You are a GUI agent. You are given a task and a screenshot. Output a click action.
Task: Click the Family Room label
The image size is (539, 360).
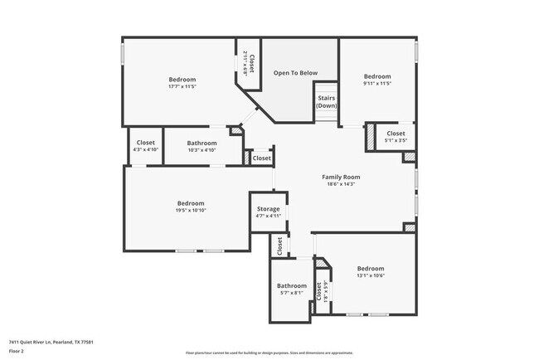pyautogui.click(x=341, y=177)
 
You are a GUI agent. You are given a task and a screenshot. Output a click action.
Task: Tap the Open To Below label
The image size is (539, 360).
pyautogui.click(x=295, y=73)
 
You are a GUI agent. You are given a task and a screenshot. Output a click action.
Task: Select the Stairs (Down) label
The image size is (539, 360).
pyautogui.click(x=327, y=101)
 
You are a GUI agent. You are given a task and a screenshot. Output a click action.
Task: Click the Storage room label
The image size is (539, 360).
pyautogui.click(x=268, y=209)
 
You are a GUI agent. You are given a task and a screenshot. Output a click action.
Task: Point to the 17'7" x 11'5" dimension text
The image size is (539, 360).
pyautogui.click(x=182, y=86)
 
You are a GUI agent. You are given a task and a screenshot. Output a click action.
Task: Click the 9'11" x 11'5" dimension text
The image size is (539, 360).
pyautogui.click(x=376, y=83)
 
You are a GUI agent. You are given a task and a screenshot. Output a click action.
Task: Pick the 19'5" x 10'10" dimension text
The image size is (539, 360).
pyautogui.click(x=190, y=211)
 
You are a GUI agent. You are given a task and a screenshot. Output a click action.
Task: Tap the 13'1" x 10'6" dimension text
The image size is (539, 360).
pyautogui.click(x=371, y=275)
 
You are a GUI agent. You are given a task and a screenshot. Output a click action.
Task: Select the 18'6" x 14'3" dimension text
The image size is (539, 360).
pyautogui.click(x=341, y=184)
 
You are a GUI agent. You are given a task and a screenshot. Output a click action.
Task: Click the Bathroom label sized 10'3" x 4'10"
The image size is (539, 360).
pyautogui.click(x=202, y=143)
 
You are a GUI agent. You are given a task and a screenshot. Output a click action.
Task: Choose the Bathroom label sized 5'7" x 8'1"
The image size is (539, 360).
pyautogui.click(x=291, y=286)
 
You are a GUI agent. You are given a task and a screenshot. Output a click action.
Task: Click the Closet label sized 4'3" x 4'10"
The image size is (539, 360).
pyautogui.click(x=145, y=143)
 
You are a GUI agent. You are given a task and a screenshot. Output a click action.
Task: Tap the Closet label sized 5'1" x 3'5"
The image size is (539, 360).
pyautogui.click(x=396, y=133)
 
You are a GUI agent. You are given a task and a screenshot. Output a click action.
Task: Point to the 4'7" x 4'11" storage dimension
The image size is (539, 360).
pyautogui.click(x=268, y=216)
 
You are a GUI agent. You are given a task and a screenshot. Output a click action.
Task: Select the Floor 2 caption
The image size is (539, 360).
pyautogui.click(x=17, y=352)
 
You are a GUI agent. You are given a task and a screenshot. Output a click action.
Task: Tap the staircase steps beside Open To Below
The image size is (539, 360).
pyautogui.click(x=327, y=87)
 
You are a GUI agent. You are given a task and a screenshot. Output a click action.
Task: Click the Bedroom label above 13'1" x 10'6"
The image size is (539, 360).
pyautogui.click(x=371, y=268)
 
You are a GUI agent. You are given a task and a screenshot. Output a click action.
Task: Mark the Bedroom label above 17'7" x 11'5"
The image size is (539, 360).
pyautogui.click(x=182, y=79)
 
